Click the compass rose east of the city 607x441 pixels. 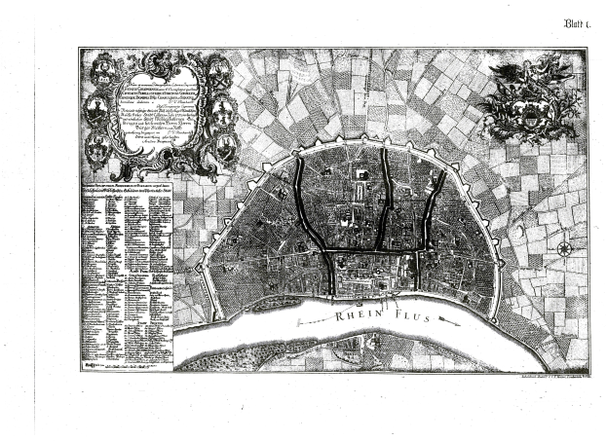coord(564,248)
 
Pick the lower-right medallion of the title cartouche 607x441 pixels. coord(226,149)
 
